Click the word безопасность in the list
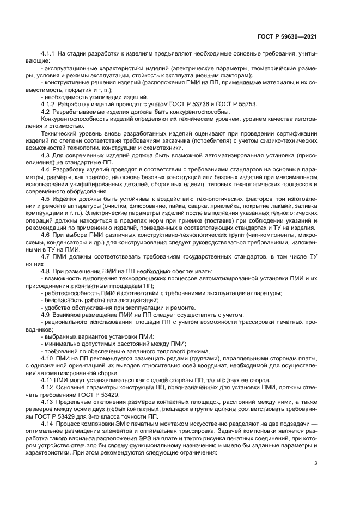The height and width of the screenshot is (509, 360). click(x=65, y=300)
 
